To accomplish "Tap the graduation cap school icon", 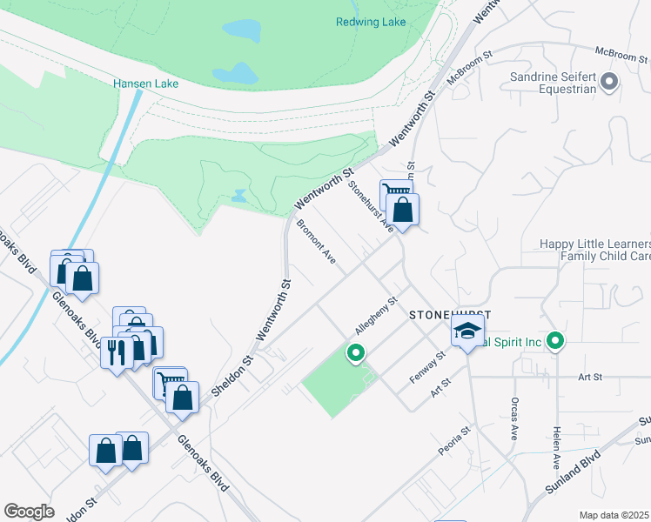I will tap(467, 331).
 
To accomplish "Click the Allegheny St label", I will tap(376, 318).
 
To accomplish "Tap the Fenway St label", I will tap(428, 367).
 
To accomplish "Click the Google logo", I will tap(29, 511).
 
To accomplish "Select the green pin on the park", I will tap(355, 353).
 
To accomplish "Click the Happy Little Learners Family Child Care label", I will tap(595, 250).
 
